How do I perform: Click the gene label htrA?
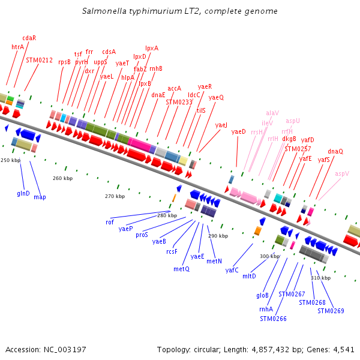click(x=17, y=46)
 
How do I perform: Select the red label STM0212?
click(x=40, y=60)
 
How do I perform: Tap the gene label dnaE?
click(x=158, y=95)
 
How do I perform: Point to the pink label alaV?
click(x=272, y=113)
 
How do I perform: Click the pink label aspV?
click(x=342, y=173)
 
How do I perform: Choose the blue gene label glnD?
click(x=23, y=193)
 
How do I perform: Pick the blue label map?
click(x=40, y=197)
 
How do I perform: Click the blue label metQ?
click(x=181, y=269)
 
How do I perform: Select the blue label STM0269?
click(x=331, y=310)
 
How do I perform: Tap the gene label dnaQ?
click(x=335, y=151)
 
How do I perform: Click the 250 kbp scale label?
click(x=10, y=160)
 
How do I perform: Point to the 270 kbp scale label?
click(x=115, y=196)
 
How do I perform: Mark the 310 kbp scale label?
click(x=320, y=278)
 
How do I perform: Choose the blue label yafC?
click(x=232, y=270)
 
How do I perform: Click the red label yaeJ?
click(x=221, y=125)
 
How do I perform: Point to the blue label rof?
click(x=110, y=222)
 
